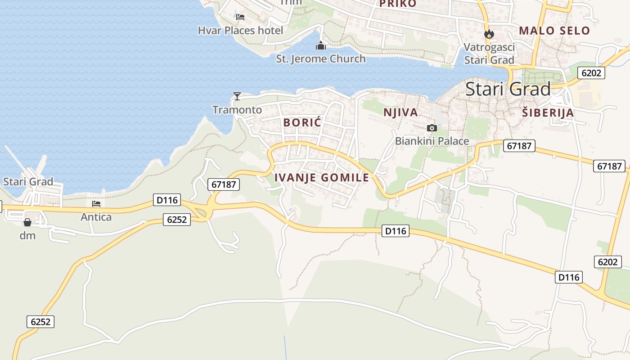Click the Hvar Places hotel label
(x=241, y=31)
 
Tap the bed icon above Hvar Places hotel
(x=240, y=17)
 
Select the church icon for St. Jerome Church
(x=321, y=45)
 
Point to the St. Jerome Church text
(x=321, y=59)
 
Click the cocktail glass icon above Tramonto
(x=237, y=96)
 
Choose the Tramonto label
(x=237, y=110)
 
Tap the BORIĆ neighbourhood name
(x=302, y=122)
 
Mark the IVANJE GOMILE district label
(x=322, y=178)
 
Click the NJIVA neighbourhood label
(x=400, y=112)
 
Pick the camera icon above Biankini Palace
(x=432, y=128)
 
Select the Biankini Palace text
(x=432, y=141)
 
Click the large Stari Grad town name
(x=508, y=89)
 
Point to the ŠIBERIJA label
(x=548, y=113)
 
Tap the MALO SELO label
(x=554, y=31)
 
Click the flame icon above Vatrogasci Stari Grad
(x=489, y=34)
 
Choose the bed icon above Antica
(x=96, y=204)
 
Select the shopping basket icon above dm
(x=27, y=222)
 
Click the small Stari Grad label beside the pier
(x=28, y=182)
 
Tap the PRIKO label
(x=398, y=4)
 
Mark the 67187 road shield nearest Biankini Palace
(x=519, y=146)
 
